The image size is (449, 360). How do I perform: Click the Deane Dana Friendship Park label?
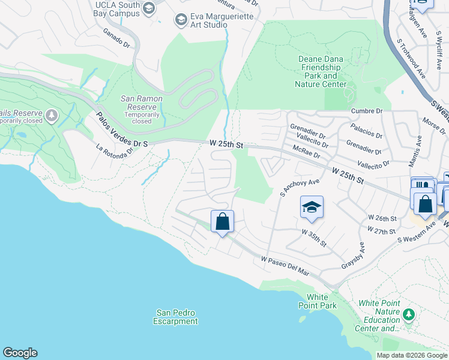tap(321, 71)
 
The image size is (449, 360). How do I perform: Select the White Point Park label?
tap(318, 301)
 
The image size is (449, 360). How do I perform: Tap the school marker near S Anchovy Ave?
tap(312, 208)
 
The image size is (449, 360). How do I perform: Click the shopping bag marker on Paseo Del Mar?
tap(222, 221)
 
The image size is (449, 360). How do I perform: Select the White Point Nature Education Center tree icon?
tap(409, 314)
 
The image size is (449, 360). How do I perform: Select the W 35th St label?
tap(313, 238)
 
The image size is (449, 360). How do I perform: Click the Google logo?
tap(20, 353)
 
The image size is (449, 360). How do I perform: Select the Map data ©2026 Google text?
tap(411, 355)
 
